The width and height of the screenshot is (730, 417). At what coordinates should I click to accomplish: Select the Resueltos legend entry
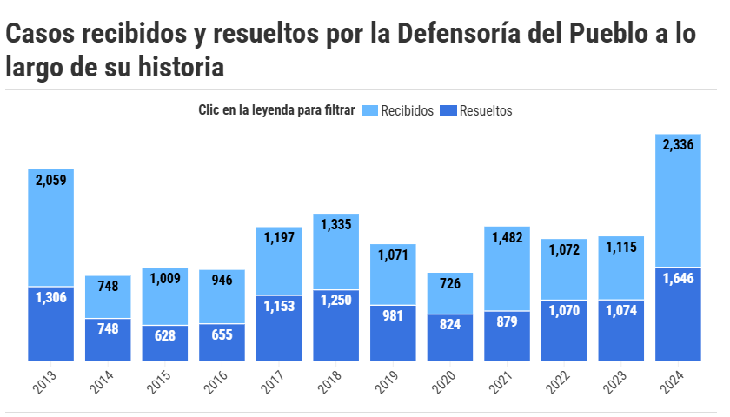pyautogui.click(x=485, y=111)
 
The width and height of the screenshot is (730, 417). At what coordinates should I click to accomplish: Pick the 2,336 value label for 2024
pyautogui.click(x=678, y=145)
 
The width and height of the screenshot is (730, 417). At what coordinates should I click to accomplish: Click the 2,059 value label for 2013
pyautogui.click(x=51, y=180)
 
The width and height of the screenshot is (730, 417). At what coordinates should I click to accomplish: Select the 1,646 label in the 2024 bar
pyautogui.click(x=678, y=279)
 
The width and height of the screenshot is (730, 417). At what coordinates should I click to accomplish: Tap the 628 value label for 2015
pyautogui.click(x=165, y=335)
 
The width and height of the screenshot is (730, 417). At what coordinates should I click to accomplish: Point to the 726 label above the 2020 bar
pyautogui.click(x=450, y=283)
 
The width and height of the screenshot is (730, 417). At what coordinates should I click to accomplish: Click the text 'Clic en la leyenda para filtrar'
pyautogui.click(x=276, y=111)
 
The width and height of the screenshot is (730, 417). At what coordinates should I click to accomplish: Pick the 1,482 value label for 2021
pyautogui.click(x=507, y=236)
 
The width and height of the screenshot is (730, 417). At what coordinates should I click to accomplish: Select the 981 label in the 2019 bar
pyautogui.click(x=393, y=315)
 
